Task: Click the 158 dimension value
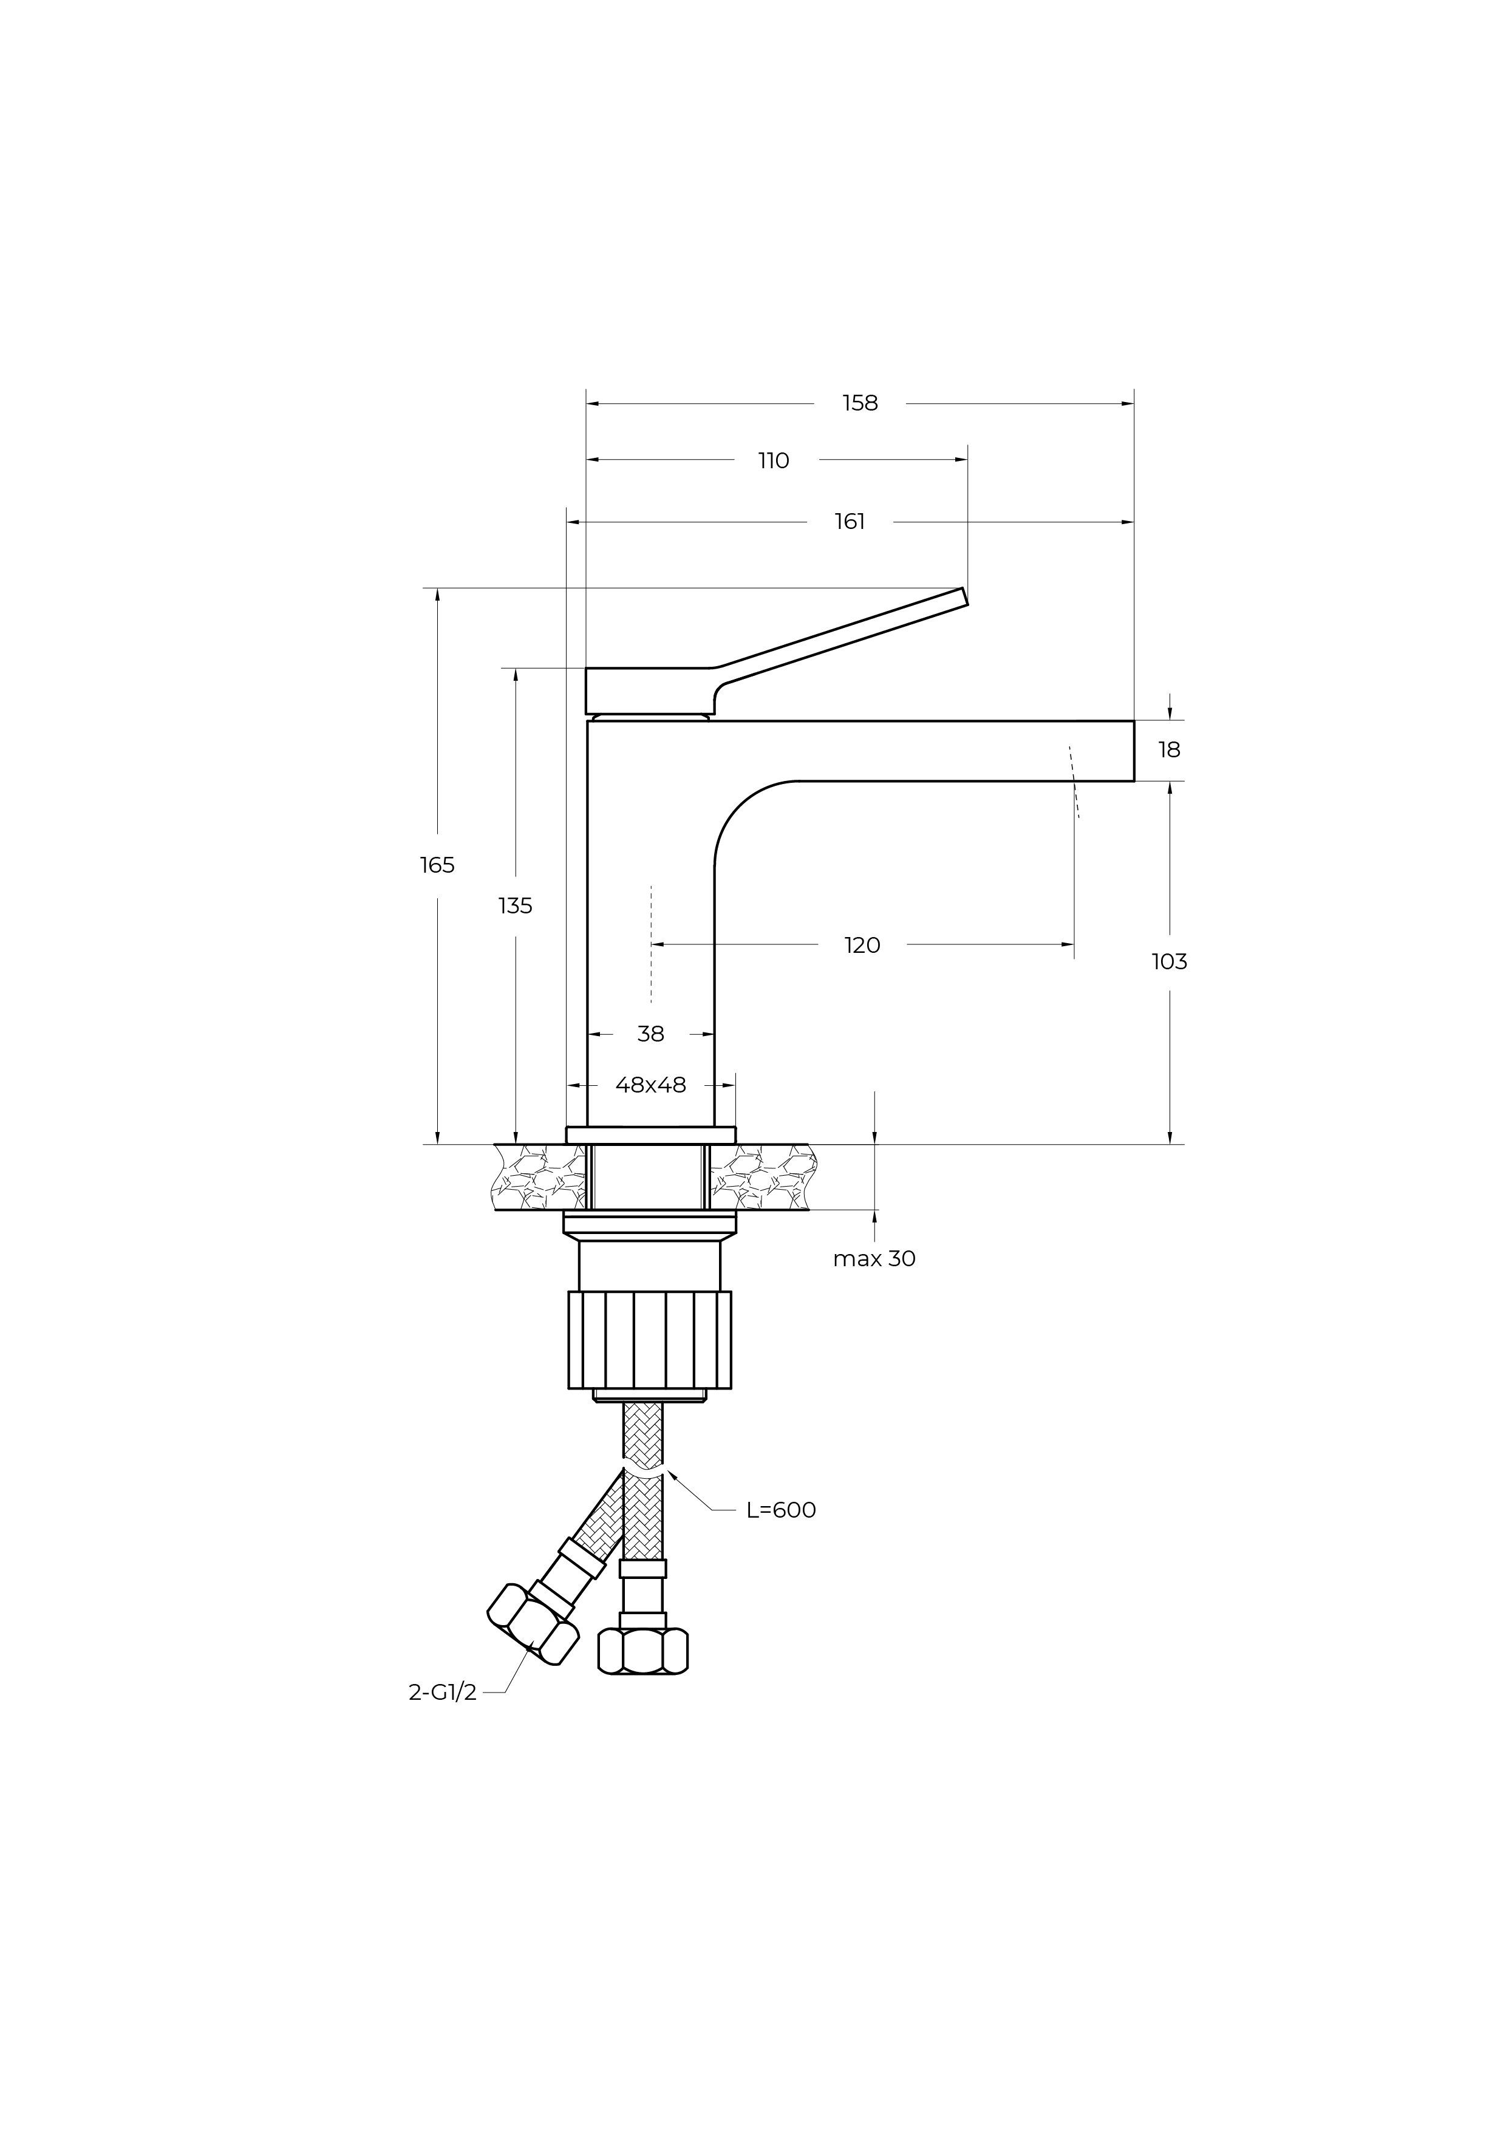860,403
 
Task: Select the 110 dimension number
773,460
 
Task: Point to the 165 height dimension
437,865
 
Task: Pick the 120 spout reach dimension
862,945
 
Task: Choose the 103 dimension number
1169,961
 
